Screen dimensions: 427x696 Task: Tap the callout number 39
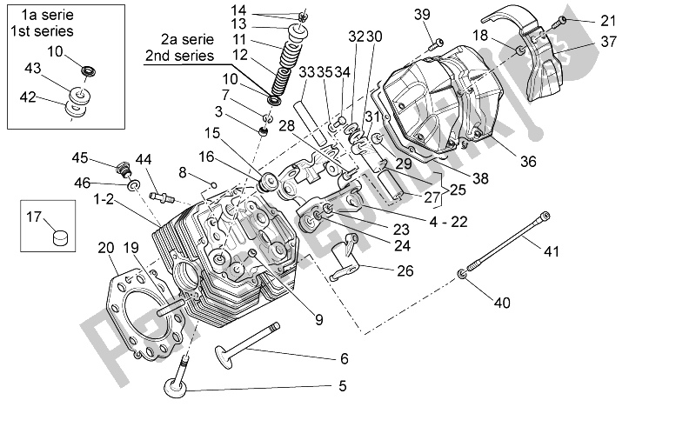coord(421,14)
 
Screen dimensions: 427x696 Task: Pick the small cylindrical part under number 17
coord(59,236)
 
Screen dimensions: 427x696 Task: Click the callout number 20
coord(106,248)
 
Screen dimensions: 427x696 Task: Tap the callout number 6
coord(344,358)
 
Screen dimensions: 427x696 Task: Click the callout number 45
coord(79,157)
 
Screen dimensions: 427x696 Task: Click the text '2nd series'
coord(178,56)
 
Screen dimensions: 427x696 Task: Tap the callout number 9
coord(319,319)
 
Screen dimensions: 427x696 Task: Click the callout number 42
coord(28,97)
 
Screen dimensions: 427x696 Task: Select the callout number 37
coord(608,42)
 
